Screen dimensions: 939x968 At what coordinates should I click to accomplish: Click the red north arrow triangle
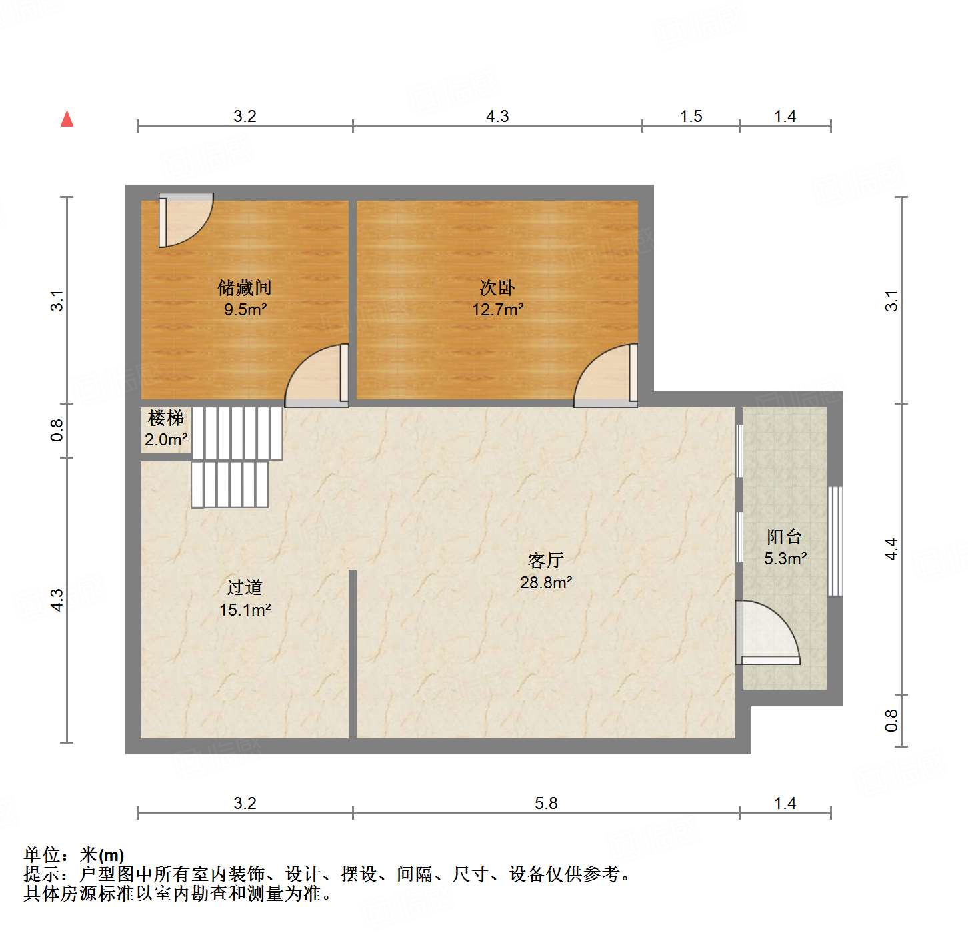tap(67, 119)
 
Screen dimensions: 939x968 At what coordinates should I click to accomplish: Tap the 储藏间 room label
tap(244, 288)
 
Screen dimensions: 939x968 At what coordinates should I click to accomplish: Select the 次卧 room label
tap(497, 288)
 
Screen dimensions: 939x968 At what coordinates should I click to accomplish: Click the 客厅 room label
tap(545, 561)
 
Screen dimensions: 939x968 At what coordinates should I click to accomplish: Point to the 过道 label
tap(244, 588)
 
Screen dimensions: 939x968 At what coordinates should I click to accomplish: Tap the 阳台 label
tap(784, 537)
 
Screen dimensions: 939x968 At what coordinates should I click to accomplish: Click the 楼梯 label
tap(165, 419)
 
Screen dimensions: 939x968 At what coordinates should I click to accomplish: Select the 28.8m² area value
tap(545, 583)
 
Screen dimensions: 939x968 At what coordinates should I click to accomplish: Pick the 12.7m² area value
tap(497, 310)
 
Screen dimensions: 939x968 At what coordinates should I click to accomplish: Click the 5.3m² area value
tap(785, 559)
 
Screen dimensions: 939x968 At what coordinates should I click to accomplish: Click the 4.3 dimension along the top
tap(497, 117)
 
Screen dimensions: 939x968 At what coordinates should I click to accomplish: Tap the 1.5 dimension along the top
tap(691, 117)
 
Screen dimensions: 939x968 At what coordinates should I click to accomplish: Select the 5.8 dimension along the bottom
tap(545, 804)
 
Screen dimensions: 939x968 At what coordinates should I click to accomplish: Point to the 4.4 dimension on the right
tap(892, 549)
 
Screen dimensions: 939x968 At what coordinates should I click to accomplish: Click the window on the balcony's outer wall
tap(835, 541)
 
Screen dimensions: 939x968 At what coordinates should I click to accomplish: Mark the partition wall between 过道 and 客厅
tap(353, 654)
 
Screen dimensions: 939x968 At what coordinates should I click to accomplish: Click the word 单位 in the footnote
tap(42, 855)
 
